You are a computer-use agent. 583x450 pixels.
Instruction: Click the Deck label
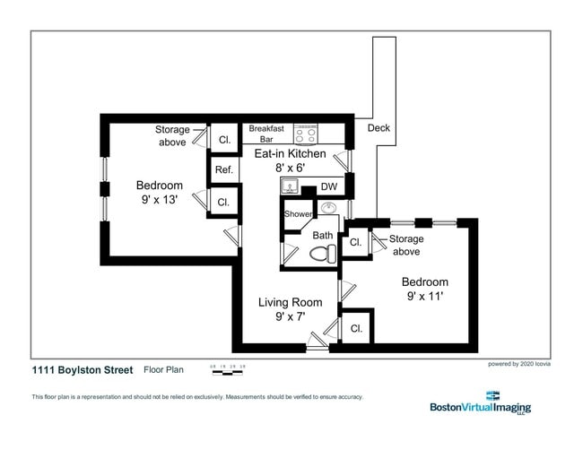[x=379, y=128]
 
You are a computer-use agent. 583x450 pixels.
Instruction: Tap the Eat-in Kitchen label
[x=291, y=154]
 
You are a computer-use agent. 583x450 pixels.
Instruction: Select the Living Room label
[x=290, y=302]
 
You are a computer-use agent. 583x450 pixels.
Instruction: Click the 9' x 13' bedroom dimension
[x=159, y=200]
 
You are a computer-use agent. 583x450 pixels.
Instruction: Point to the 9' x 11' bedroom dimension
[x=425, y=295]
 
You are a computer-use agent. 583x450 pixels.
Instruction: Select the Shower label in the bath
[x=298, y=214]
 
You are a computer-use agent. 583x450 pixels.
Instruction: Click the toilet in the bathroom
[x=321, y=253]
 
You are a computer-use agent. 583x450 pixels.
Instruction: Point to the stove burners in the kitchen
[x=306, y=134]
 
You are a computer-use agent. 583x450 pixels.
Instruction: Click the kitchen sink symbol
[x=289, y=186]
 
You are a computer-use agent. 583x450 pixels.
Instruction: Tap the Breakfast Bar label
[x=266, y=134]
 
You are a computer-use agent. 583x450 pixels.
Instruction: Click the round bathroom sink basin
[x=328, y=208]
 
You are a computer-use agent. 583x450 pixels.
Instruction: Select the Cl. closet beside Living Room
[x=356, y=329]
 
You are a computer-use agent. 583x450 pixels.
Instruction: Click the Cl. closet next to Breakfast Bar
[x=224, y=140]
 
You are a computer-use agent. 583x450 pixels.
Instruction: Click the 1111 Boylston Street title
[x=83, y=370]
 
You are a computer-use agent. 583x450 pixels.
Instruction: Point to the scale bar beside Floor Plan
[x=228, y=368]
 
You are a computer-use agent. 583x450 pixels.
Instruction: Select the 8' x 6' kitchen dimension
[x=291, y=168]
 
